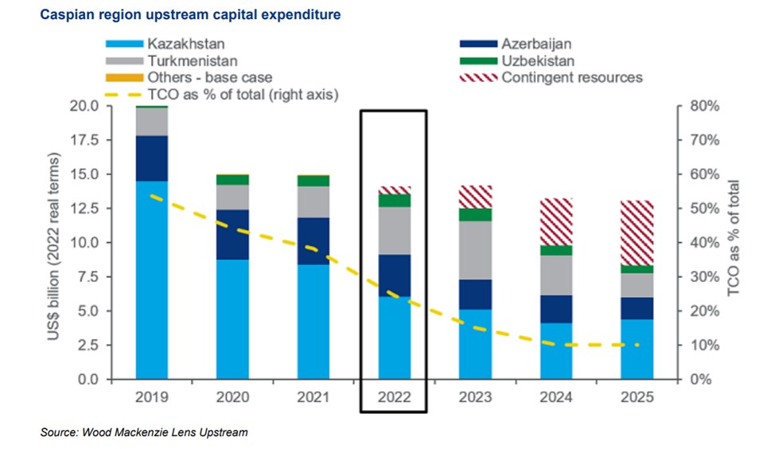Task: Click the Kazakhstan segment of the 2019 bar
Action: click(x=151, y=279)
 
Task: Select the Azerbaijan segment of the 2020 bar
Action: click(x=234, y=235)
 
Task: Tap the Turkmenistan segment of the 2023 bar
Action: click(x=476, y=250)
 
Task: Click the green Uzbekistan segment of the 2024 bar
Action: click(x=556, y=250)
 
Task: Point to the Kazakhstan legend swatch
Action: click(x=123, y=42)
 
